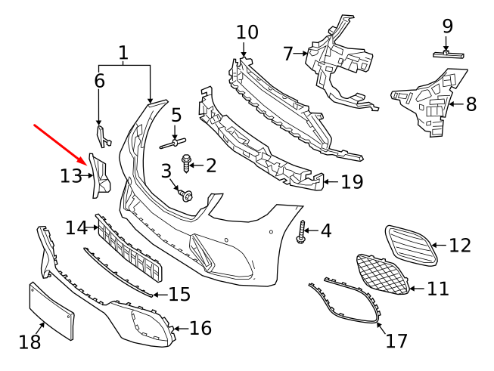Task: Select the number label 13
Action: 70,176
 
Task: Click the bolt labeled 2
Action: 187,162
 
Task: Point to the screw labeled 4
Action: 302,230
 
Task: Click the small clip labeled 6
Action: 103,134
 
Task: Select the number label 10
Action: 247,32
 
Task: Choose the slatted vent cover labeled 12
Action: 411,243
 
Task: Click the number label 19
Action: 352,182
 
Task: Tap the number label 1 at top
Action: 123,53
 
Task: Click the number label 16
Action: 200,328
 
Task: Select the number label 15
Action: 179,294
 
